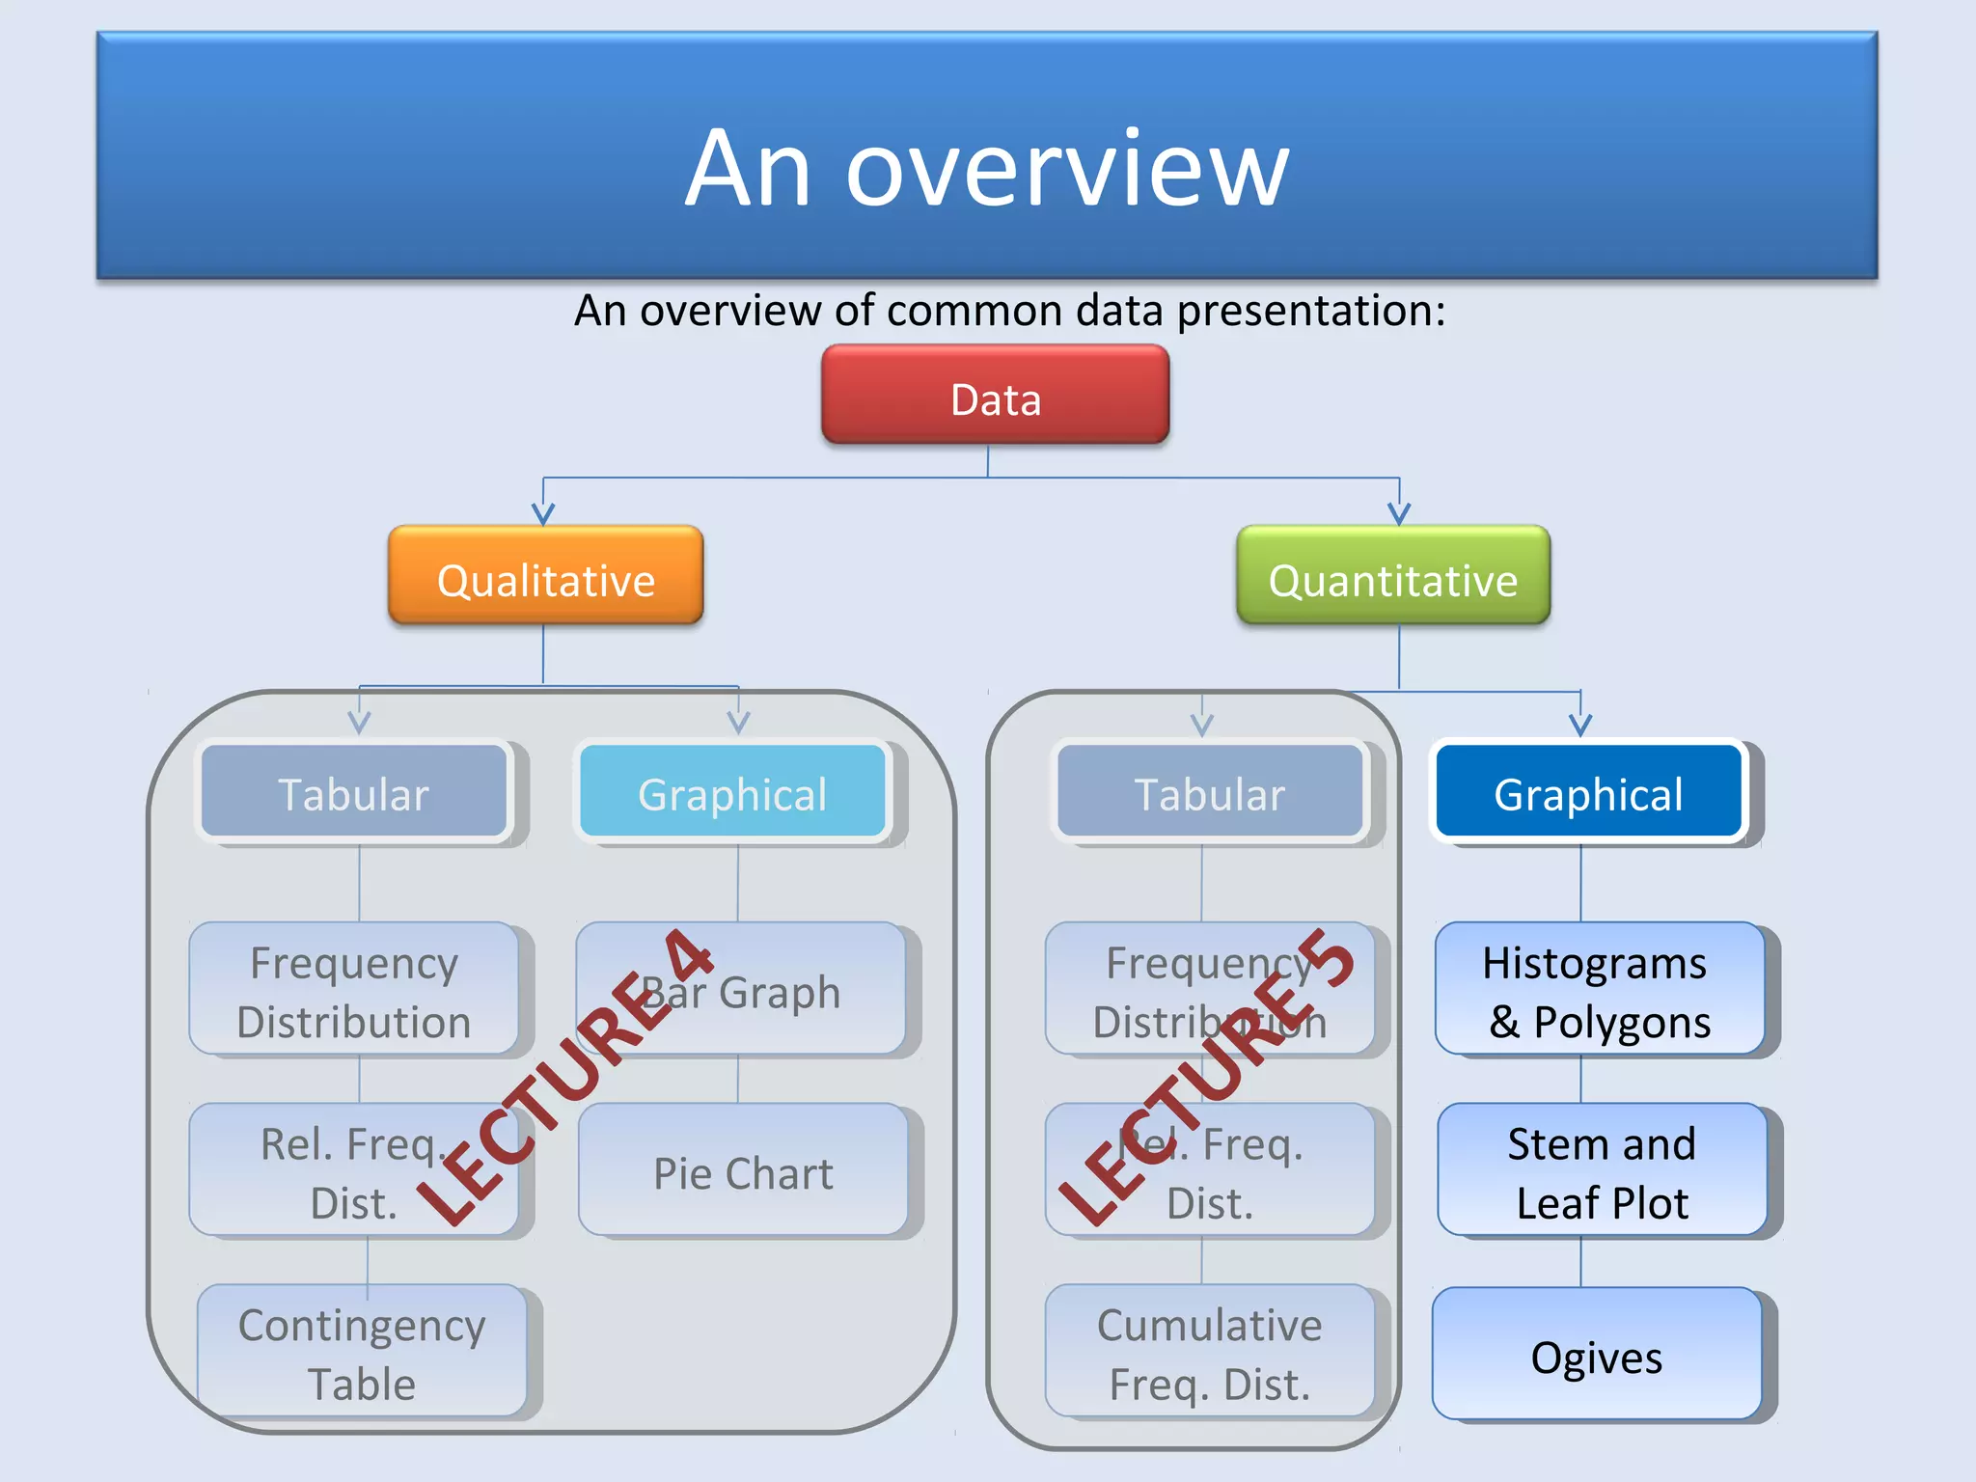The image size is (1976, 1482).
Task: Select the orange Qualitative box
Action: tap(545, 576)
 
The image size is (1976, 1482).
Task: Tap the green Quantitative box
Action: tap(1393, 576)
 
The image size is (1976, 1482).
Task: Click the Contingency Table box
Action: tap(362, 1352)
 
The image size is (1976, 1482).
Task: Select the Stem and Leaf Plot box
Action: tap(1602, 1170)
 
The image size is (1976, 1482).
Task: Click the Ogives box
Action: tap(1597, 1355)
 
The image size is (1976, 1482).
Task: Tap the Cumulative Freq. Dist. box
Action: tap(1209, 1352)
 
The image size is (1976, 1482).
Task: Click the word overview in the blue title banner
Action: tap(1067, 171)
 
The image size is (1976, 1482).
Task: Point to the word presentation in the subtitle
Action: tap(1310, 311)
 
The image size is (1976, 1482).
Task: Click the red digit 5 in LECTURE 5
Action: tap(1328, 957)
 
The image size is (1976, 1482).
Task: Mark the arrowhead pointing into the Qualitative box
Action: tap(543, 514)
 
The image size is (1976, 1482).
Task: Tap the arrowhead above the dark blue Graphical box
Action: tap(1580, 725)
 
